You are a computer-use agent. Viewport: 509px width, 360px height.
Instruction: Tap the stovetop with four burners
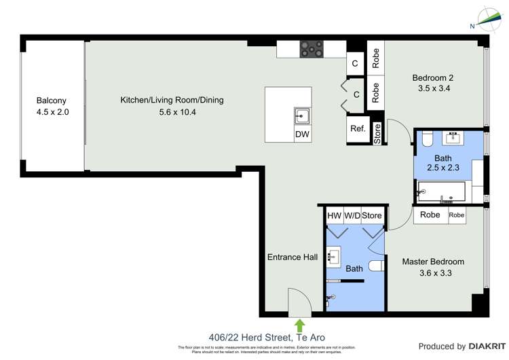312,48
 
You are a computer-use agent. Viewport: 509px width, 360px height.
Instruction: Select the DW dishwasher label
302,134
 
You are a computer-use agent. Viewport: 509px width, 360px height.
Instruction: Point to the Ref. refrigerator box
358,128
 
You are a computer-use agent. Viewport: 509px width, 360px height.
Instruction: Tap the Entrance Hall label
293,257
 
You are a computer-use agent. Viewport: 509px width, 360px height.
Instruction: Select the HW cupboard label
334,216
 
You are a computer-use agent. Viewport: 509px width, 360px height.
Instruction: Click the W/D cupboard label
352,216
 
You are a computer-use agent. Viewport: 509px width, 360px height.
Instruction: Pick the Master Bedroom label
432,262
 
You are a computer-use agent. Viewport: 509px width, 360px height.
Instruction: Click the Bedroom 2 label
431,77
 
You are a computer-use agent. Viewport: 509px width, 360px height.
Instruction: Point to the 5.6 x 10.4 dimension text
172,112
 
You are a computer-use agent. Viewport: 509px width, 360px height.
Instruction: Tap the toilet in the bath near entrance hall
376,266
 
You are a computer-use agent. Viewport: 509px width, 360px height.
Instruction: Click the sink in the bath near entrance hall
334,257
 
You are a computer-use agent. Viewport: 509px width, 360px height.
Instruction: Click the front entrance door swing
298,303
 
